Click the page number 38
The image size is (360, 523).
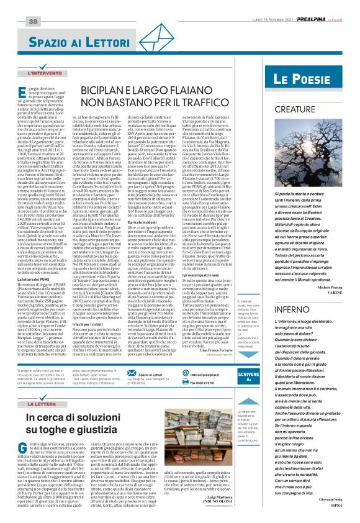[16, 4]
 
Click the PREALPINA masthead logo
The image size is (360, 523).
[320, 4]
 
